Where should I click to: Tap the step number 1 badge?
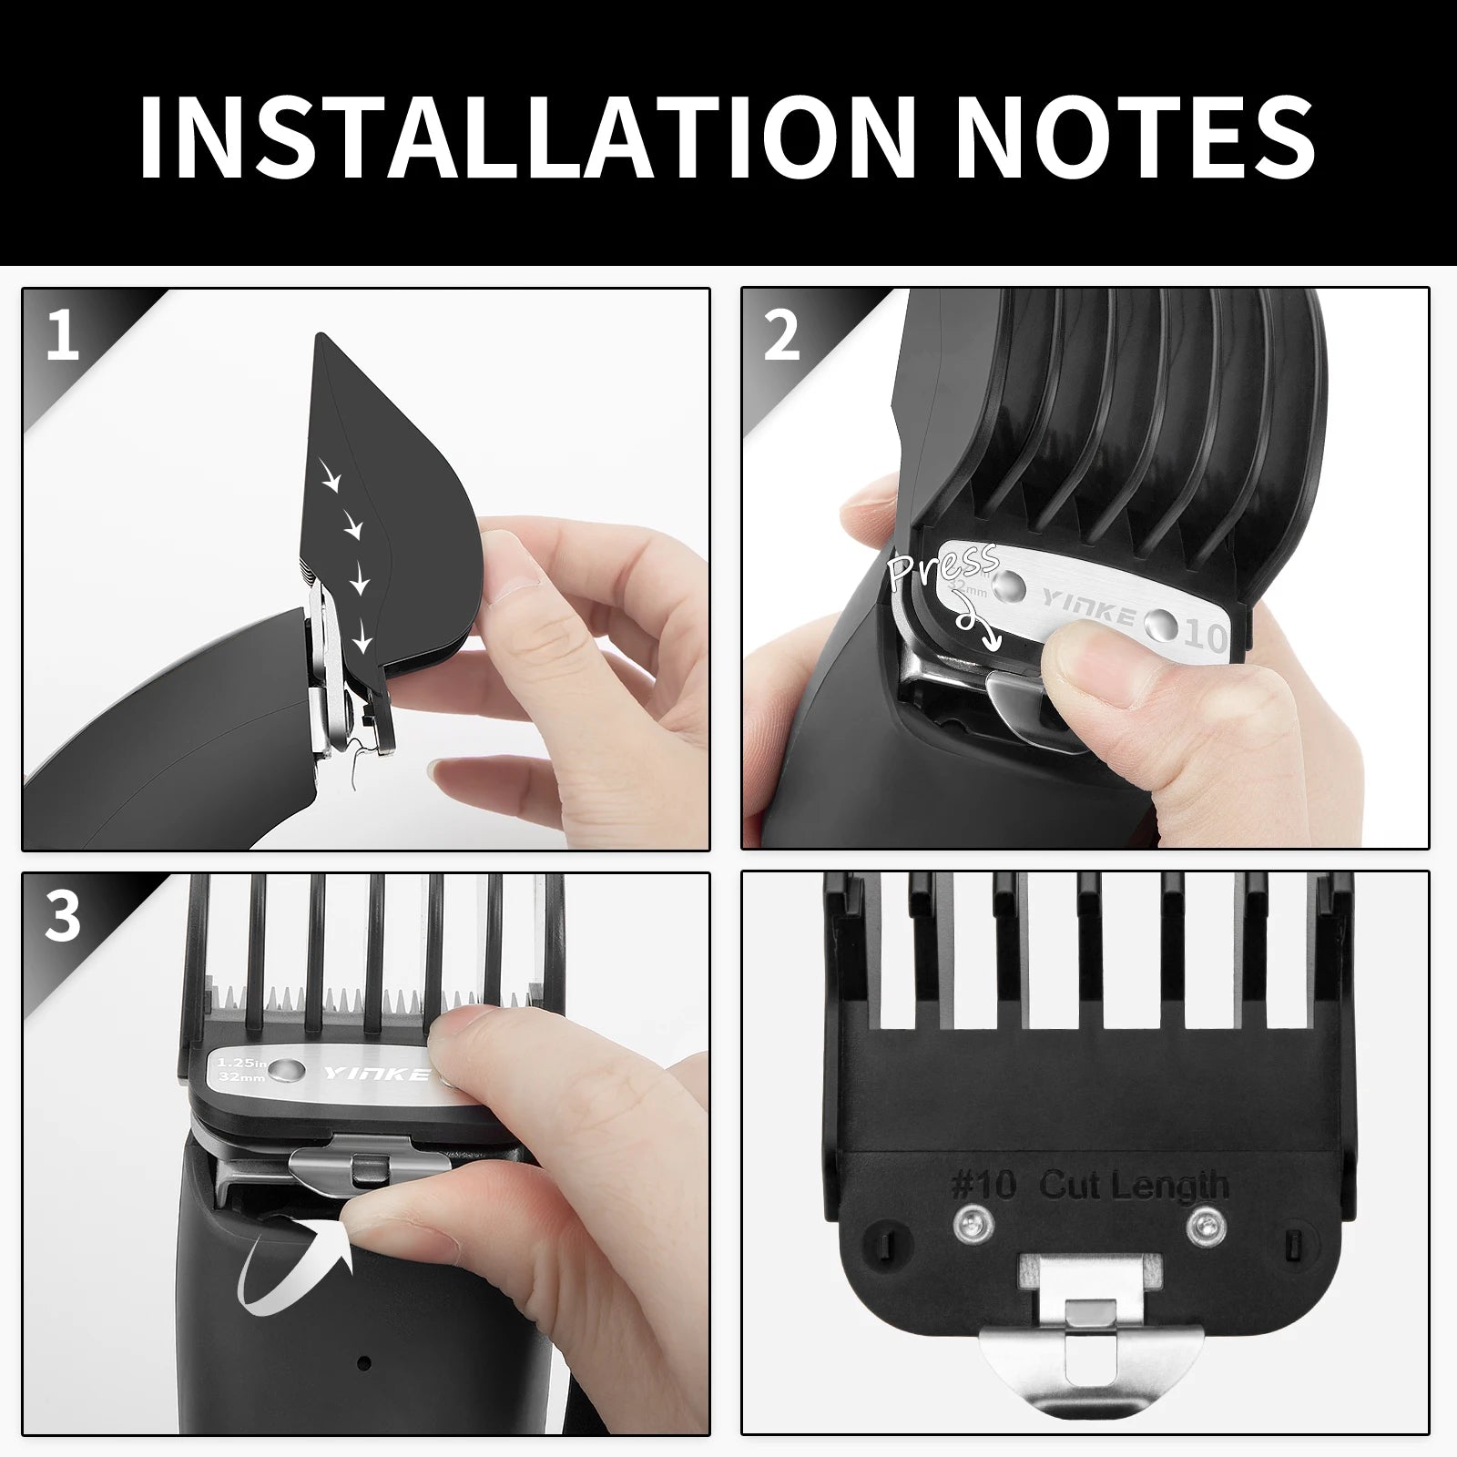point(62,335)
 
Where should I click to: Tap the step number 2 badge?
point(781,335)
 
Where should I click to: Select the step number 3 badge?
point(62,918)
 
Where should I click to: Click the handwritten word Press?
point(943,569)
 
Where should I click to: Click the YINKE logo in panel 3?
point(377,1075)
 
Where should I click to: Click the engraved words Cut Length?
point(1134,1185)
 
